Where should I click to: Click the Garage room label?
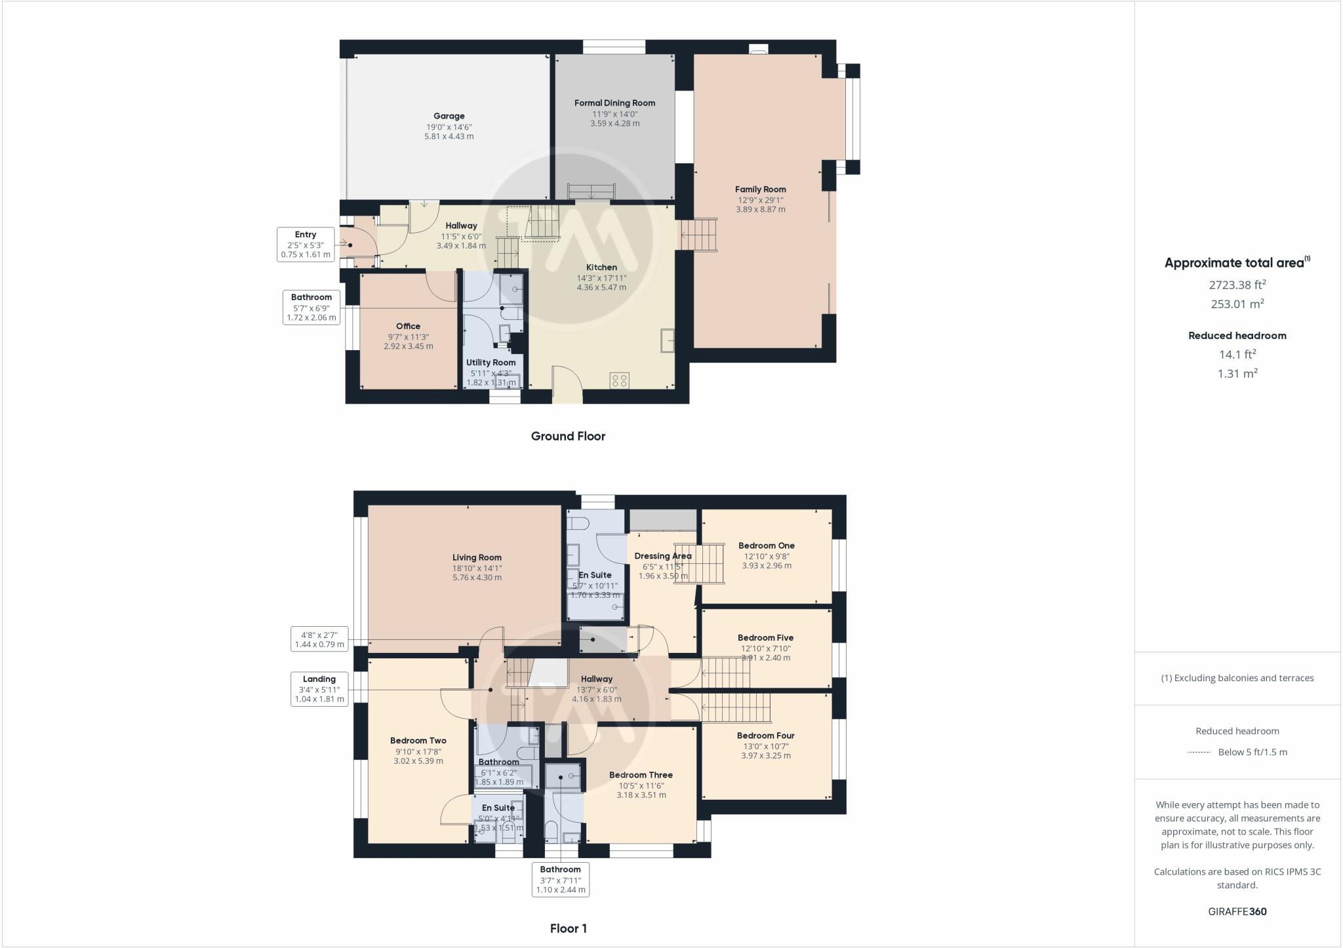[x=449, y=116]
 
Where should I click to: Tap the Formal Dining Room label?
[x=614, y=103]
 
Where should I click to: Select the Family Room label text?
[x=760, y=189]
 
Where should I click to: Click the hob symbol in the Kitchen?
[x=619, y=380]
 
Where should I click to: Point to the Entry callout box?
[x=306, y=244]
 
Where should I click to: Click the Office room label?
[x=408, y=326]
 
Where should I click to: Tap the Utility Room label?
[x=491, y=363]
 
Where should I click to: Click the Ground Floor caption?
[x=568, y=436]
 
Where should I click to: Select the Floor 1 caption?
[x=568, y=928]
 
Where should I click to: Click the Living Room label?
[x=477, y=558]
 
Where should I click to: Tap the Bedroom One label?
[x=766, y=545]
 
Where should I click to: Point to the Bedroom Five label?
[x=765, y=637]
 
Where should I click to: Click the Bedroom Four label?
[x=765, y=736]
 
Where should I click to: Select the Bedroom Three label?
[x=641, y=775]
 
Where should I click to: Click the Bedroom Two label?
[x=418, y=741]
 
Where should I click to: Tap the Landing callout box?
[x=319, y=688]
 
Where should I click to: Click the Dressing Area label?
[x=663, y=556]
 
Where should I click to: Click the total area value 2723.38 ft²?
[x=1237, y=285]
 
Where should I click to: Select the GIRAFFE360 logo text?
[x=1237, y=911]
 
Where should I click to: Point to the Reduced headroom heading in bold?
[x=1237, y=336]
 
